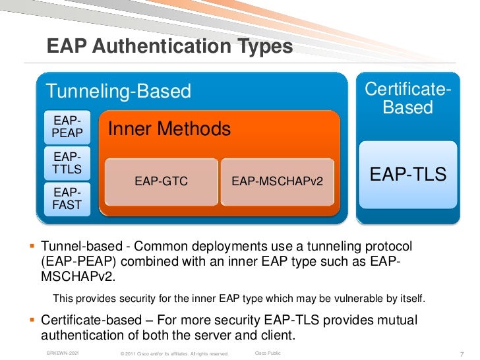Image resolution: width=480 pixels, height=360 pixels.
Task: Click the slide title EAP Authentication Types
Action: [169, 47]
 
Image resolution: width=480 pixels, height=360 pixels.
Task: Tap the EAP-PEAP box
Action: [67, 127]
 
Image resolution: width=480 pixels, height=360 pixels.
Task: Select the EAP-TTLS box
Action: [67, 164]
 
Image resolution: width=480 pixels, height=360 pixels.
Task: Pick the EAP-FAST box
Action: [67, 198]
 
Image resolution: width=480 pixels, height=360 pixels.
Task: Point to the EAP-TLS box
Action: [407, 174]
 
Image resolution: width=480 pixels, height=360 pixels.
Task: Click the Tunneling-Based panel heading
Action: [117, 91]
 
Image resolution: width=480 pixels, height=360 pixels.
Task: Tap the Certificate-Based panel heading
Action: [407, 98]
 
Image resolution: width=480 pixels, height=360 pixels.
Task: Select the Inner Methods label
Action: [169, 129]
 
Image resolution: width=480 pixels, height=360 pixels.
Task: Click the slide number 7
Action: [461, 353]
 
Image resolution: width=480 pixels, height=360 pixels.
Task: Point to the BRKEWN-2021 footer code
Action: [63, 353]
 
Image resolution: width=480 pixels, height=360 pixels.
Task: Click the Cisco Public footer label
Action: [267, 353]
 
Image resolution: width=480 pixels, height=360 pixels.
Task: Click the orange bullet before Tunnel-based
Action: [31, 247]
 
